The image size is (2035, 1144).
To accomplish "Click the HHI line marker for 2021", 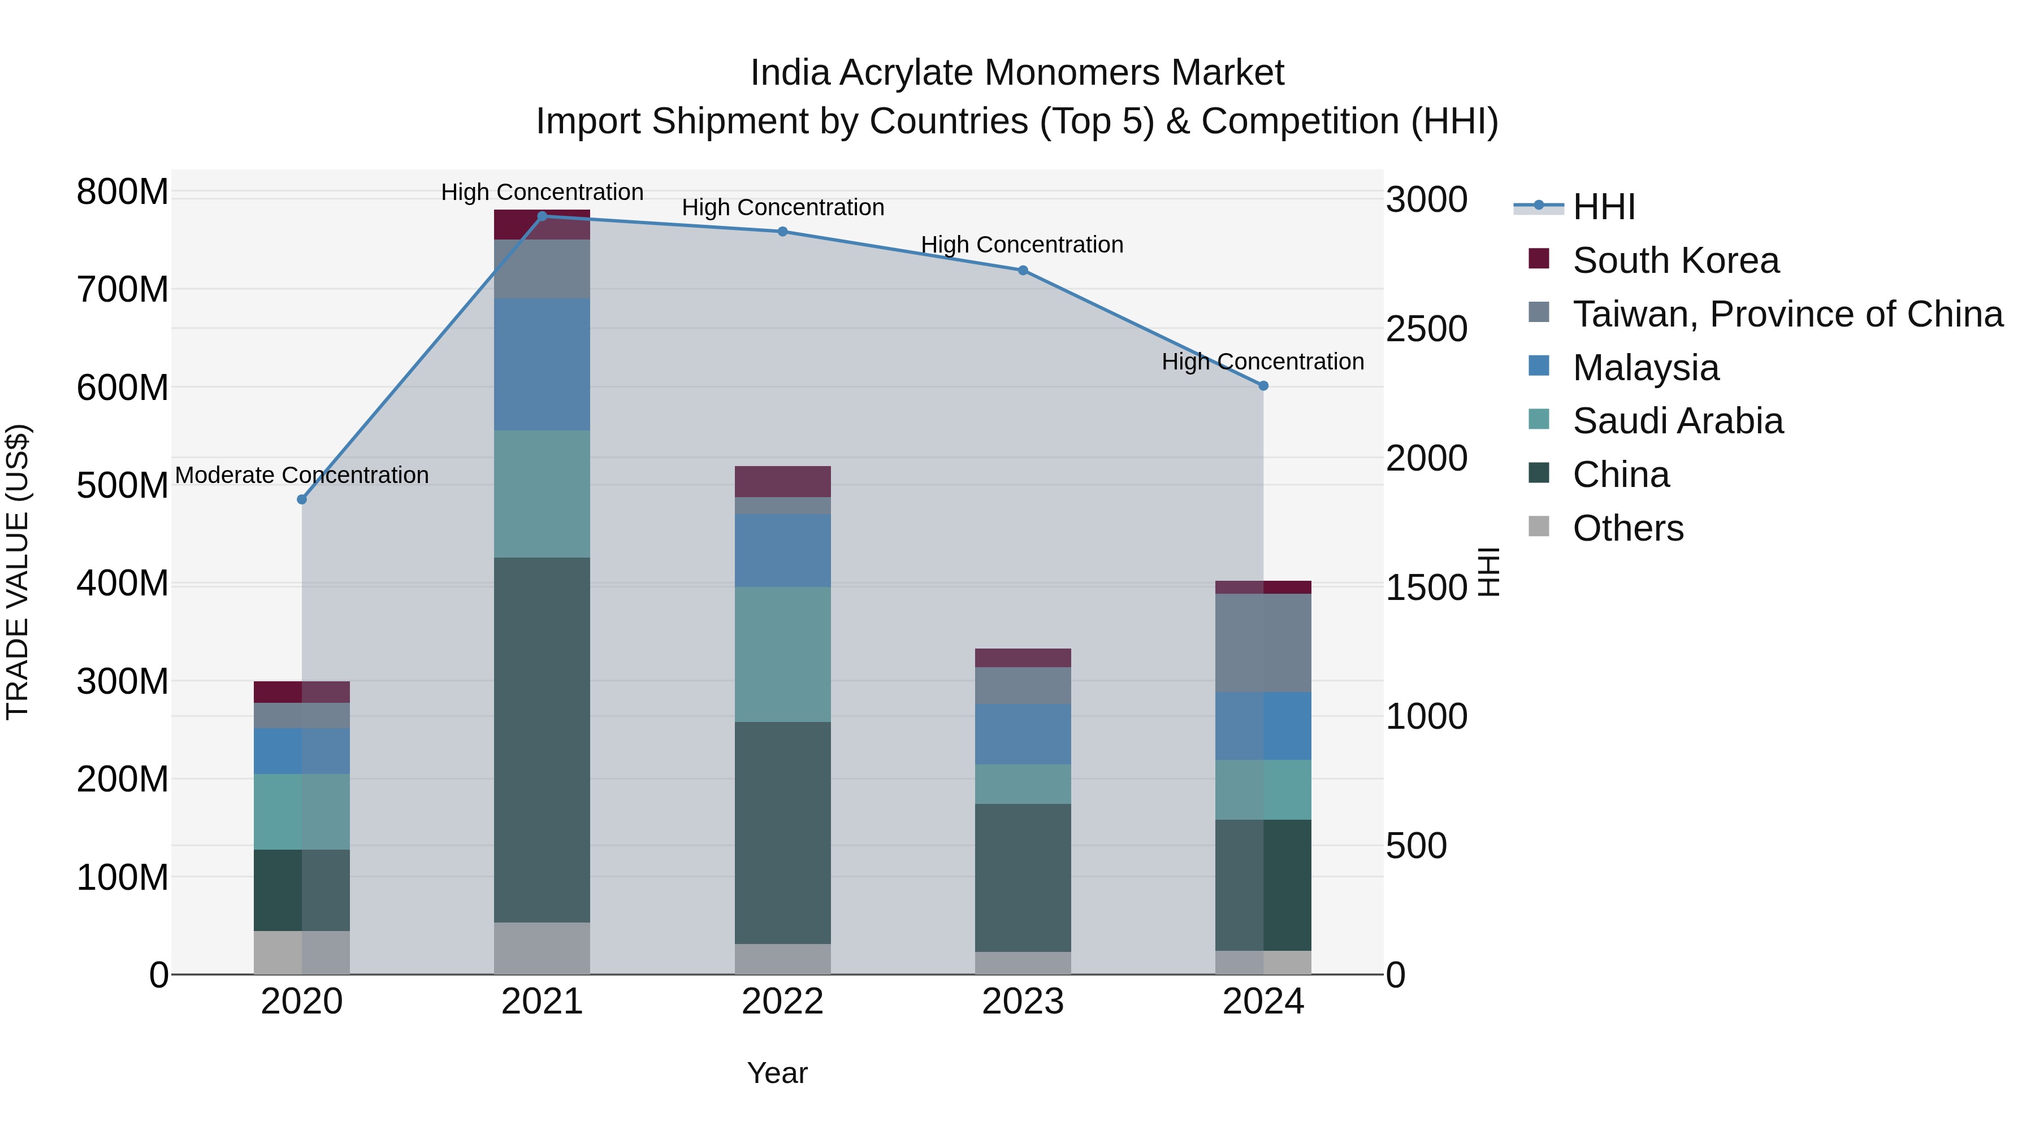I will point(542,216).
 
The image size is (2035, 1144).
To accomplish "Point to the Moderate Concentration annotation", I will point(302,475).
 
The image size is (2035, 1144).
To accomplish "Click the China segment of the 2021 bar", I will point(542,740).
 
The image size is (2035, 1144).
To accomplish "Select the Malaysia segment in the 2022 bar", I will point(782,550).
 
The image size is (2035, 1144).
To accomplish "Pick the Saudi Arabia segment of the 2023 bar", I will point(1022,784).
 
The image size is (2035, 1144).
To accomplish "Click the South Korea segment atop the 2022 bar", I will point(782,481).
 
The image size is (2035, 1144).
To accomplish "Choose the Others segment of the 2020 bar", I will point(302,952).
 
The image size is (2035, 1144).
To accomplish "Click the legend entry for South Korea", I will point(1675,260).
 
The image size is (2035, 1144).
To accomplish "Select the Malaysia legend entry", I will point(1646,368).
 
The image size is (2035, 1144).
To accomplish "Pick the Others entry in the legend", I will point(1628,528).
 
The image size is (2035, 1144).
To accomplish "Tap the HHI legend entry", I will point(1604,207).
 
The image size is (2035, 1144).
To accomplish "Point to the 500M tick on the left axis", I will point(123,485).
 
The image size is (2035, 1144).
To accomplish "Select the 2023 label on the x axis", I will point(1022,1002).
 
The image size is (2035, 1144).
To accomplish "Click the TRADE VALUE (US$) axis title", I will point(18,572).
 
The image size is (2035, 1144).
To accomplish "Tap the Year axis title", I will point(777,1073).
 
